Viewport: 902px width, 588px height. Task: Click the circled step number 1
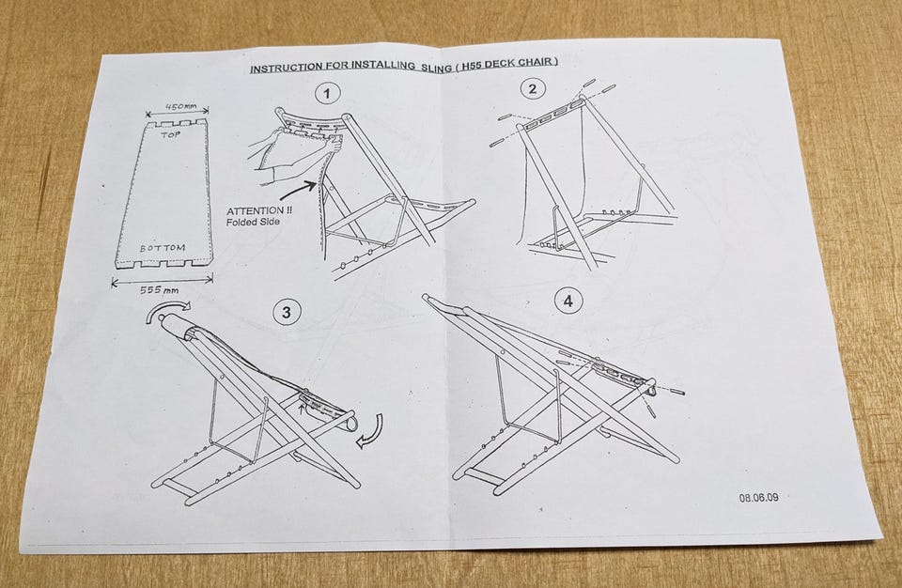point(327,93)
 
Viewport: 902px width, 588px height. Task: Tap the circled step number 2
point(532,88)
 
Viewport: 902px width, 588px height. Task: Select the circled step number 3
point(287,312)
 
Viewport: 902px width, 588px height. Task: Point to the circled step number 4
point(568,301)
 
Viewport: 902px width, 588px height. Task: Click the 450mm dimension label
point(180,106)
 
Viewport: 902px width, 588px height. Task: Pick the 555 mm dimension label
point(160,289)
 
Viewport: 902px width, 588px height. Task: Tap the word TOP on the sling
point(171,135)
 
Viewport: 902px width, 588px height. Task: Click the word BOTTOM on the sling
point(163,249)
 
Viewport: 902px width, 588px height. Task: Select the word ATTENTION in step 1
point(255,211)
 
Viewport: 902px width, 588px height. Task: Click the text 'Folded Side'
point(253,222)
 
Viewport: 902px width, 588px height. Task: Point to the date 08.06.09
point(759,497)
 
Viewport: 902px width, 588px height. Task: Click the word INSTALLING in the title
point(383,66)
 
